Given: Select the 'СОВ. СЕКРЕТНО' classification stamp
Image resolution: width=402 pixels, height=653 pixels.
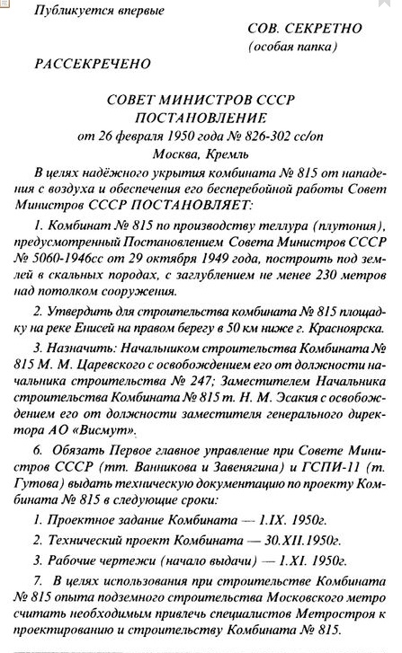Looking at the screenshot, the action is coord(304,29).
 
